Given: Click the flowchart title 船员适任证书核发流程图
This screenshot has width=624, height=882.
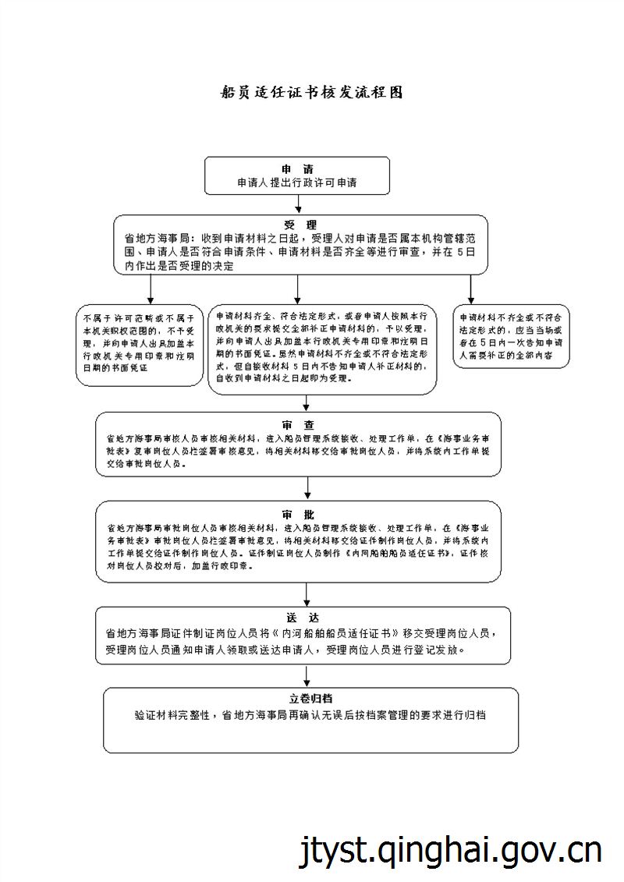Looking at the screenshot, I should (x=312, y=92).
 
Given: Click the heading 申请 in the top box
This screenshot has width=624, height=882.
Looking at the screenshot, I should (x=297, y=169).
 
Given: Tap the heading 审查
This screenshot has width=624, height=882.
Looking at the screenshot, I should (x=299, y=425).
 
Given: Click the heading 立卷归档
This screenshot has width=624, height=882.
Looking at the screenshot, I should (x=311, y=698).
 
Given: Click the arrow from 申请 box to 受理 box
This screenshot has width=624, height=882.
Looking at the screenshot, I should (x=298, y=204).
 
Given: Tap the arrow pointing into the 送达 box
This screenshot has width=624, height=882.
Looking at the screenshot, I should (x=309, y=595).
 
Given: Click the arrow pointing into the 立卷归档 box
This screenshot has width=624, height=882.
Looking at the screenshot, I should (x=309, y=676).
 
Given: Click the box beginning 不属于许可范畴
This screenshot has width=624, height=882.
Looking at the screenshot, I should (x=139, y=345).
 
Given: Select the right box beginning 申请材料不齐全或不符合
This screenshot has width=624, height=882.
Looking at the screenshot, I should (x=512, y=336).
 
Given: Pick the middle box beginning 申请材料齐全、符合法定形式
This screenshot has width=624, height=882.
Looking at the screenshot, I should (x=322, y=349).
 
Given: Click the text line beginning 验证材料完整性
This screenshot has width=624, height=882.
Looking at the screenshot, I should (x=310, y=714).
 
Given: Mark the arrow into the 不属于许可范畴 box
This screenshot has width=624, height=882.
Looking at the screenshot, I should (x=151, y=290).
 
